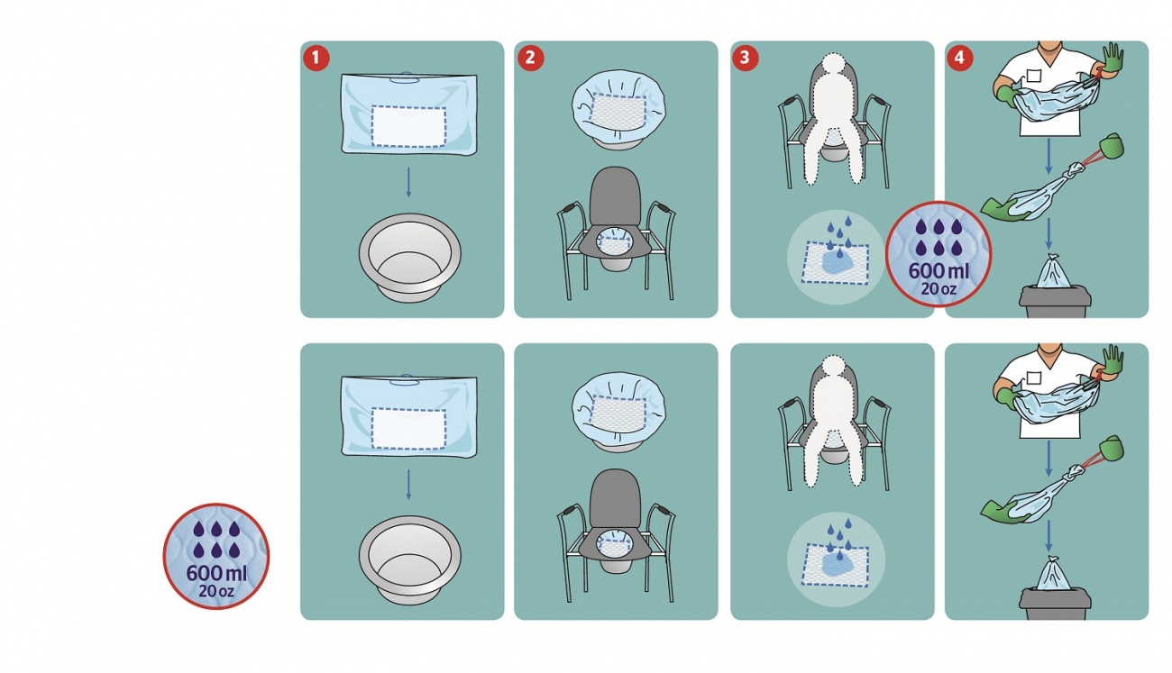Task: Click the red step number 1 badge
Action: point(316,58)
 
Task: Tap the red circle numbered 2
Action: point(530,58)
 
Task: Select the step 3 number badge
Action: point(745,58)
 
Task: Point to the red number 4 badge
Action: point(959,58)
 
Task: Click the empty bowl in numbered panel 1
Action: point(409,258)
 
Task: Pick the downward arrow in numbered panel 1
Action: point(408,182)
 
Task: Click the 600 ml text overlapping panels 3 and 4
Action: point(939,271)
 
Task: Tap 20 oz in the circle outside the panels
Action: point(216,591)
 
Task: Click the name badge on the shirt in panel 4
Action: point(1034,76)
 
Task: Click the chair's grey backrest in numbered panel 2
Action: point(615,195)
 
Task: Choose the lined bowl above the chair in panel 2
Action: point(618,109)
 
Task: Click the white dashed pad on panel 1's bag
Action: point(408,126)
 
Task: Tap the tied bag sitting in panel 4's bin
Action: point(1053,271)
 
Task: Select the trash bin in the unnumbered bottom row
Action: point(1055,604)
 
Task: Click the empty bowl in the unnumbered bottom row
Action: point(409,560)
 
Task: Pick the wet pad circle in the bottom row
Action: point(836,559)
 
